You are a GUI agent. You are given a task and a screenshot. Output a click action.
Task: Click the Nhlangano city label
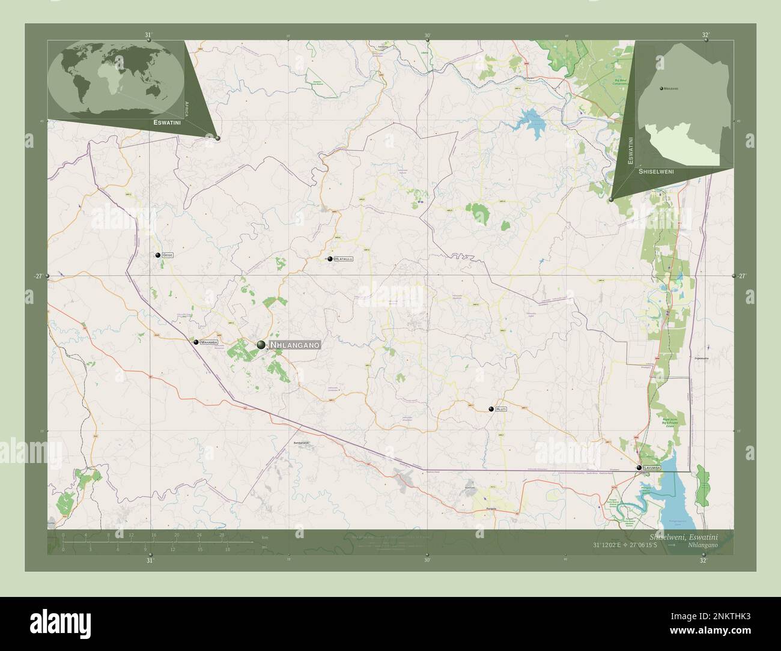click(x=295, y=345)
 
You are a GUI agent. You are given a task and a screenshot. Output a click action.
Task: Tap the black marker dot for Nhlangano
click(x=261, y=344)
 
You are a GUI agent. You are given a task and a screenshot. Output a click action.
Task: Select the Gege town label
click(x=168, y=255)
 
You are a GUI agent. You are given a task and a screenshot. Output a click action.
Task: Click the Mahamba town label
click(x=210, y=342)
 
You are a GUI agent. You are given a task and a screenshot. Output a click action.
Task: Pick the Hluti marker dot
click(x=491, y=409)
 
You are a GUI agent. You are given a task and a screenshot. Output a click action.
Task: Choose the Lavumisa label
click(x=652, y=467)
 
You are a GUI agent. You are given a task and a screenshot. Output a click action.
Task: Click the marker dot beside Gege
click(x=158, y=255)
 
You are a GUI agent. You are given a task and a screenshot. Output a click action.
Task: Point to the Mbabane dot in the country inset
click(x=661, y=89)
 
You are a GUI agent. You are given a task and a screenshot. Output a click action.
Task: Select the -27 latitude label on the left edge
click(x=38, y=276)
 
